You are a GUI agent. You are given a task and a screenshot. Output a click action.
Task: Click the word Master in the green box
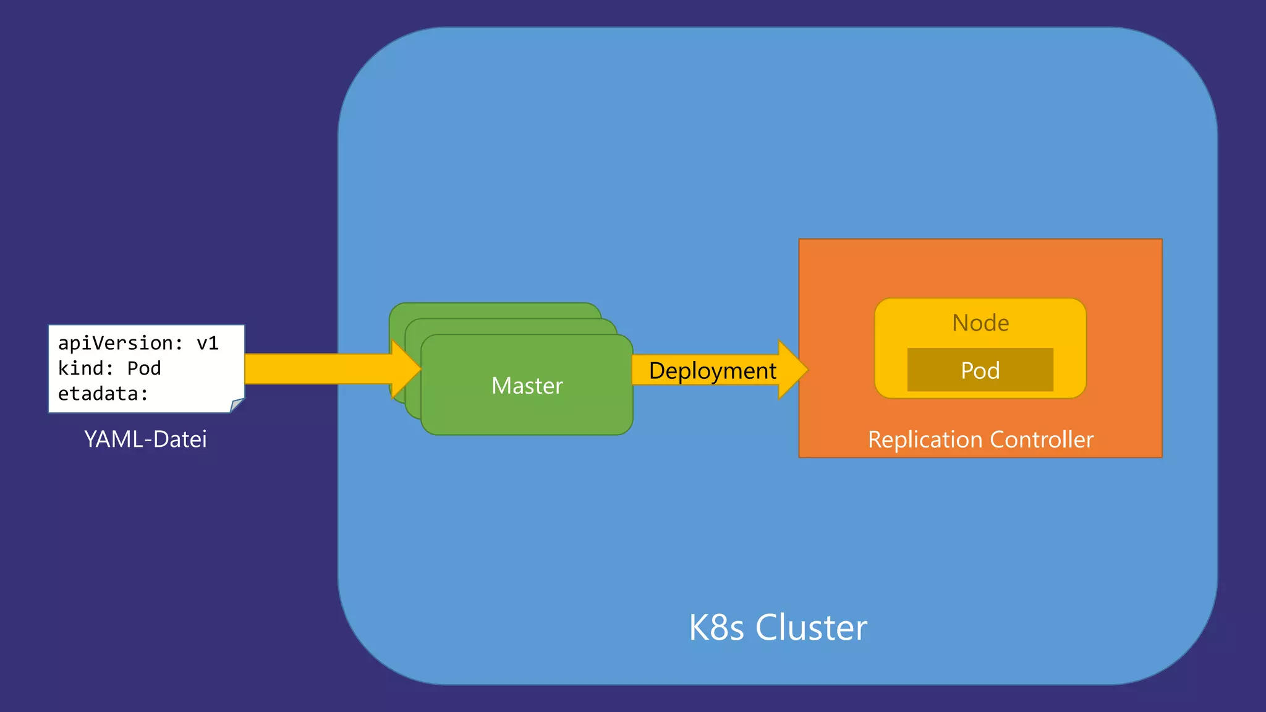[527, 386]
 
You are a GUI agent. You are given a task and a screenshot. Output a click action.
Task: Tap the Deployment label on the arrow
[712, 371]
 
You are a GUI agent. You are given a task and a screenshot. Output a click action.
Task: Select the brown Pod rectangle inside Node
[980, 370]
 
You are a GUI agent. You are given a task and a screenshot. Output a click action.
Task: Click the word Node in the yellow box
[980, 323]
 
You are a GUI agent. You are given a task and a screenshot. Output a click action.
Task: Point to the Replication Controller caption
[980, 439]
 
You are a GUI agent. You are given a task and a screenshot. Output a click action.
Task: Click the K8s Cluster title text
[778, 628]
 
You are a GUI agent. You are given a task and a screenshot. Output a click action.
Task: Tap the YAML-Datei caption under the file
[145, 439]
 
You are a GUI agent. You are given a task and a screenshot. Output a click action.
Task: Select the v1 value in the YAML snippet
[208, 343]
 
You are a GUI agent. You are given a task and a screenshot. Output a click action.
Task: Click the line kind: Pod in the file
[109, 368]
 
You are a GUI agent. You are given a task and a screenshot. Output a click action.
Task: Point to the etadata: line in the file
[103, 394]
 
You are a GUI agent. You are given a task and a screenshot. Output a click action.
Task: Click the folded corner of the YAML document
[237, 405]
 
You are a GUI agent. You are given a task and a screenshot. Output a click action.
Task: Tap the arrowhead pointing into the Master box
[406, 369]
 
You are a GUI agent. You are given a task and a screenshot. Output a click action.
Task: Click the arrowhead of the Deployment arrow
[792, 370]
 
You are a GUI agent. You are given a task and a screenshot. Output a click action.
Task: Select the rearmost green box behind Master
[495, 310]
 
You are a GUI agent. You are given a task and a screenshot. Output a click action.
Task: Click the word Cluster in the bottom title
[811, 628]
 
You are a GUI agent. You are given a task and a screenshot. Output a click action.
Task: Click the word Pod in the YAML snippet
[144, 368]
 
